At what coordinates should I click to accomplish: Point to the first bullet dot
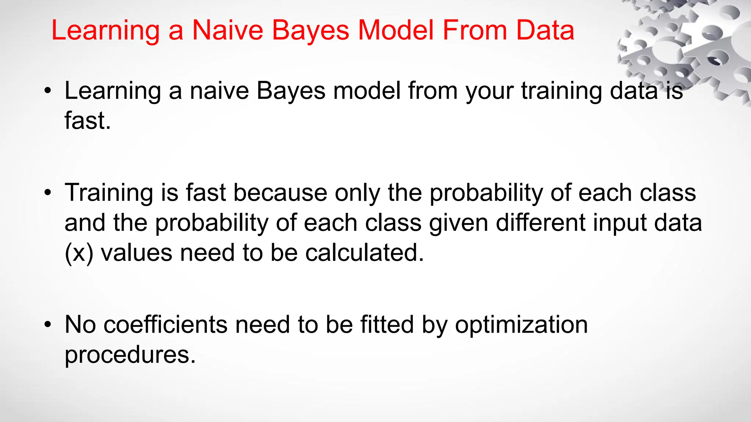[47, 91]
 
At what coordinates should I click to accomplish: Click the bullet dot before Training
[47, 193]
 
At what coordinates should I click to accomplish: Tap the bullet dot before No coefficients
[47, 325]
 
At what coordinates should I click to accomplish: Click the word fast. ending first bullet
[88, 121]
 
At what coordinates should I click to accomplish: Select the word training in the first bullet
[561, 91]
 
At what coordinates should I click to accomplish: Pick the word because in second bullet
[280, 193]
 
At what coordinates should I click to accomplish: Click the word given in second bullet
[458, 223]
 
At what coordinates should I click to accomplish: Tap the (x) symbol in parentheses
[79, 253]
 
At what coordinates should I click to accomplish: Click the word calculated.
[364, 253]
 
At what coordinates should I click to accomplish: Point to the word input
[620, 223]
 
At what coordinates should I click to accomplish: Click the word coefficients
[165, 325]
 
